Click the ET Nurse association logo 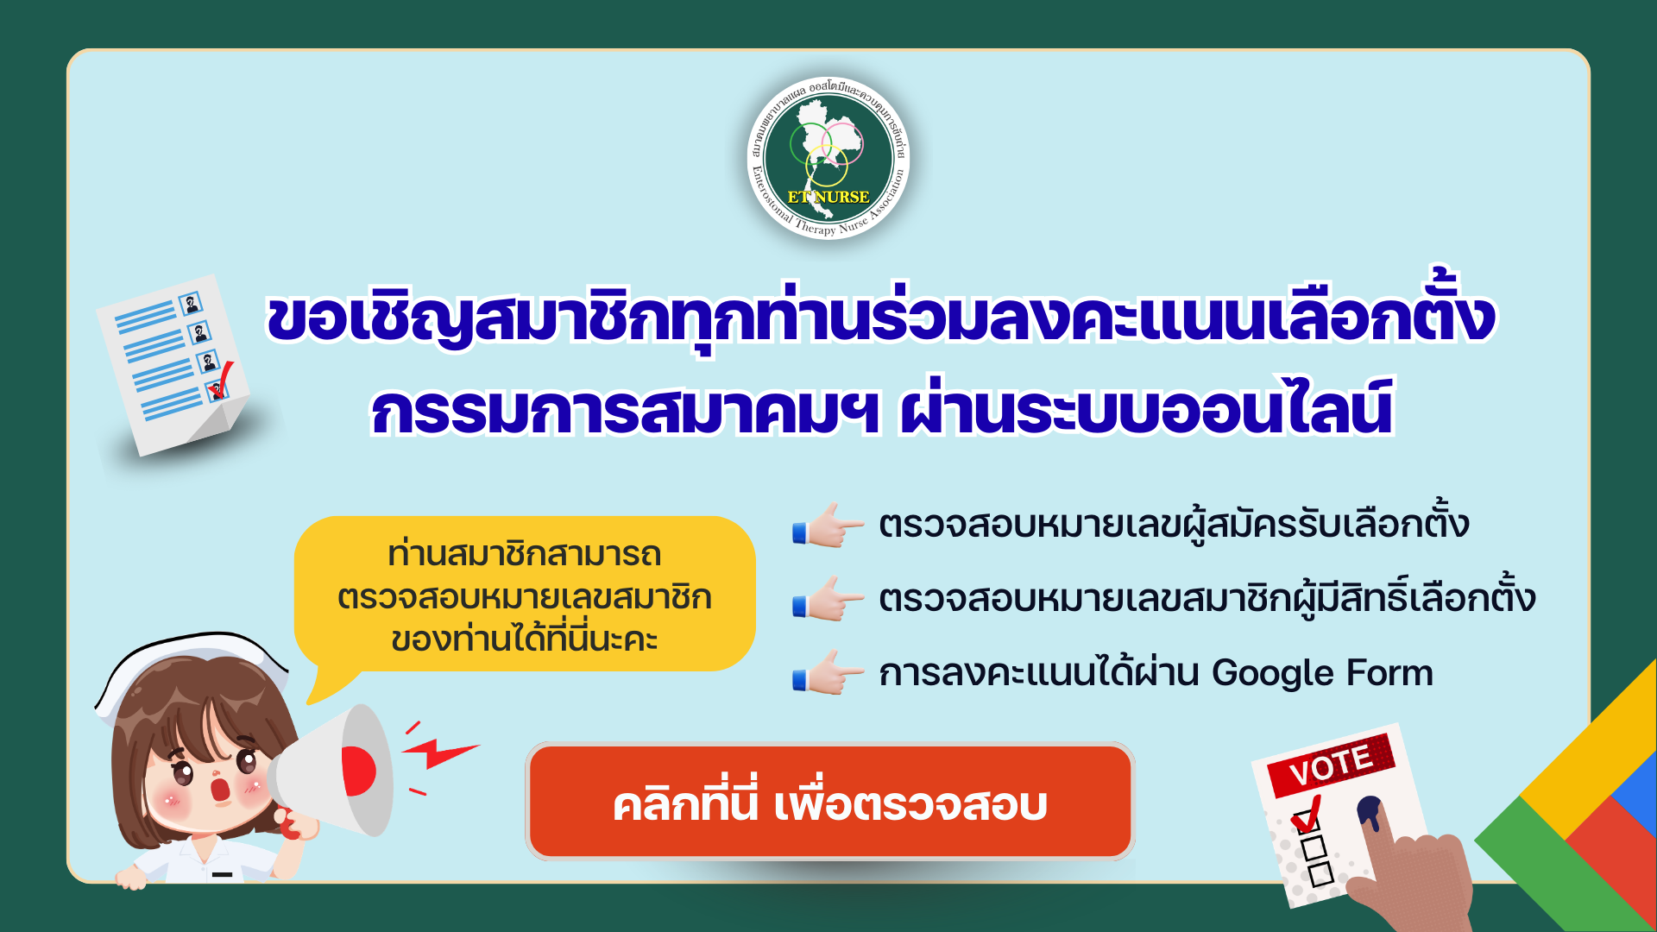tap(828, 158)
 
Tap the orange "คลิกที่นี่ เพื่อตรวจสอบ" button tap(830, 802)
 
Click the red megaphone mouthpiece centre tap(358, 770)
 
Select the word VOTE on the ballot tap(1330, 765)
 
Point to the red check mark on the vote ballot tap(1307, 813)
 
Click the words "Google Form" tap(1322, 673)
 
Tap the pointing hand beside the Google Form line tap(828, 672)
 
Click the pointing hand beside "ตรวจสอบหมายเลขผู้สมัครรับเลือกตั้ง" tap(828, 525)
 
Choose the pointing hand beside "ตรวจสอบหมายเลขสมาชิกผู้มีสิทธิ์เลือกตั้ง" tap(828, 598)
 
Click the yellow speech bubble tap(524, 595)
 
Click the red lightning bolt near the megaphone tap(440, 753)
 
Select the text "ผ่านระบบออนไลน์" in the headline tap(1146, 407)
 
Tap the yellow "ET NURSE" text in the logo tap(828, 197)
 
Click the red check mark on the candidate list tap(223, 380)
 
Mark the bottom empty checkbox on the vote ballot tap(1321, 874)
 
